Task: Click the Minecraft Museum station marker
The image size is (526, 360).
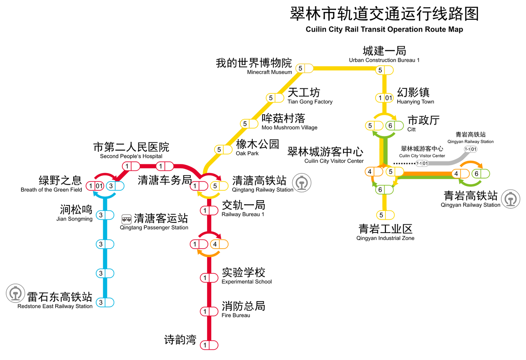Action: [305, 68]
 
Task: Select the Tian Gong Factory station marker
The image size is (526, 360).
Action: [275, 98]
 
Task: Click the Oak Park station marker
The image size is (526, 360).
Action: [224, 150]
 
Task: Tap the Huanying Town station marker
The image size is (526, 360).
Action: [385, 98]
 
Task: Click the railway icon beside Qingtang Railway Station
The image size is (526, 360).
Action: [302, 183]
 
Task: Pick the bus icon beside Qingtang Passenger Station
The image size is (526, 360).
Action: [127, 218]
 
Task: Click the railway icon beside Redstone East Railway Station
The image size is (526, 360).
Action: [16, 294]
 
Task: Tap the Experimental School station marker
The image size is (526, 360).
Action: [209, 278]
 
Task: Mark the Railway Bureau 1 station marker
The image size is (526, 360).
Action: [209, 211]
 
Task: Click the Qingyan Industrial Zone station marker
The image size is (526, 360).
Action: [385, 215]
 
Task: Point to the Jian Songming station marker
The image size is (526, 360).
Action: [105, 215]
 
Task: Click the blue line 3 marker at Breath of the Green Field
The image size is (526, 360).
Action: [115, 186]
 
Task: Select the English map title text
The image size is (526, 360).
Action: [384, 30]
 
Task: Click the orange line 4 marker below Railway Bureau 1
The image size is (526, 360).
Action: [219, 244]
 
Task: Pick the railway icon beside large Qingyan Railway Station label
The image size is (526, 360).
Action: [511, 199]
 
